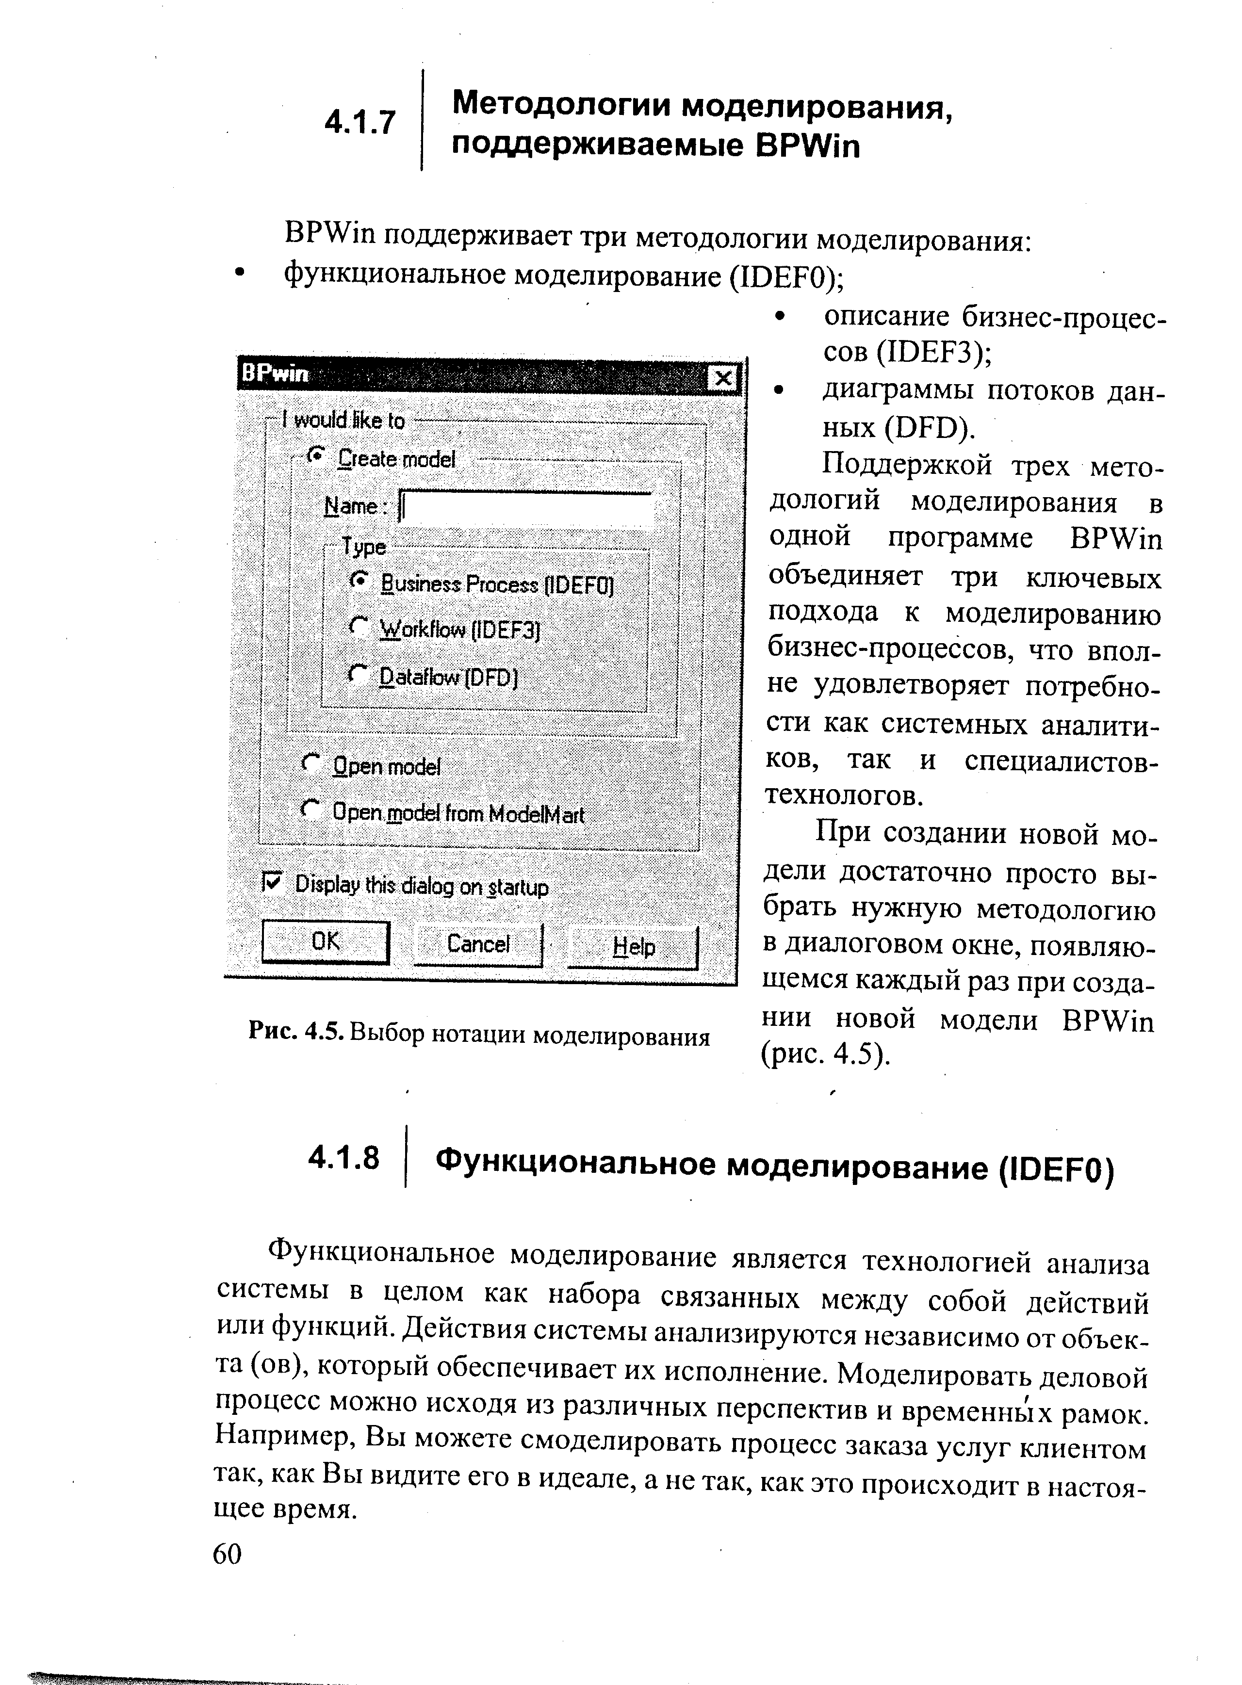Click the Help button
pyautogui.click(x=633, y=947)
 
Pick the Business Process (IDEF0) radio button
pyautogui.click(x=360, y=580)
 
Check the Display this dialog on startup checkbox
pyautogui.click(x=271, y=881)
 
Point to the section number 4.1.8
pyautogui.click(x=343, y=1158)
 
